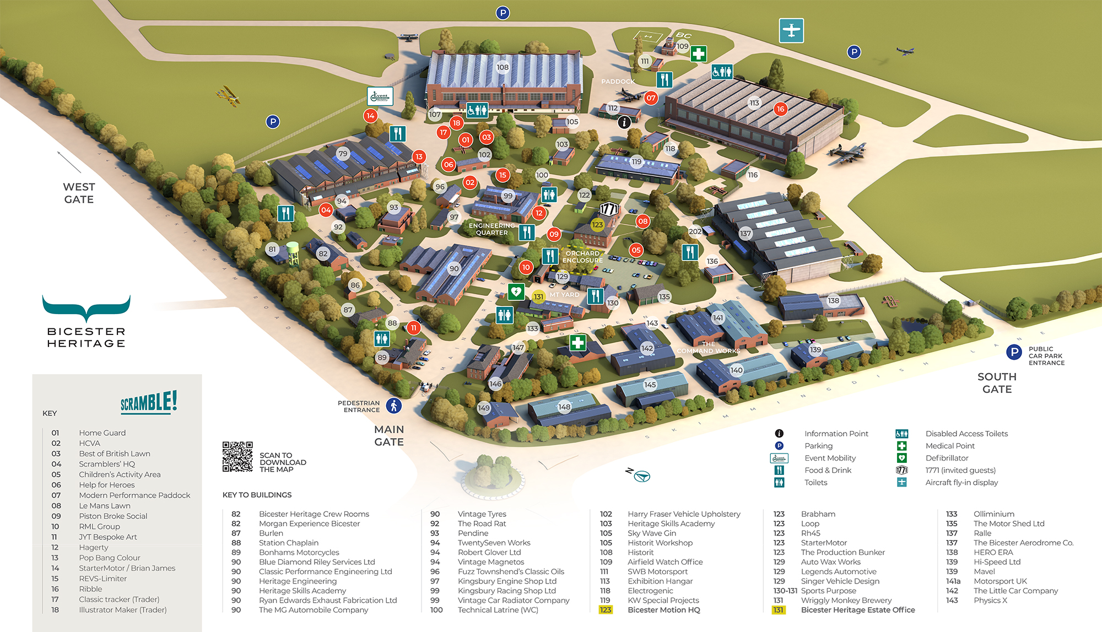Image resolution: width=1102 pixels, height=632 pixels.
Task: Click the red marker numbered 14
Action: pos(370,116)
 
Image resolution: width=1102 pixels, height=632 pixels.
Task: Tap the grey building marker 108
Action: pos(503,67)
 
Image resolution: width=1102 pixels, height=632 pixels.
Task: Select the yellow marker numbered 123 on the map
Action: pos(597,225)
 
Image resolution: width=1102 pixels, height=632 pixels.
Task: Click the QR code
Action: pos(237,456)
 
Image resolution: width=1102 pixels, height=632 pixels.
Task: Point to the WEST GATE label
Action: pos(79,193)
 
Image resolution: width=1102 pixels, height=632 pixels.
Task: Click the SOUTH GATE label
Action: pos(997,383)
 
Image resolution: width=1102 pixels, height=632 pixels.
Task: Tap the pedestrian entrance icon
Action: pos(393,406)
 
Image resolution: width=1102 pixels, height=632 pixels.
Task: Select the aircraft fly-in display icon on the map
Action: pos(791,30)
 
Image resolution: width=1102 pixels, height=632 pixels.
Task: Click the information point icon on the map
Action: pos(624,122)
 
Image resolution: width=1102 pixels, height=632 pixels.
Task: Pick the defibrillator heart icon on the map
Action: pos(516,291)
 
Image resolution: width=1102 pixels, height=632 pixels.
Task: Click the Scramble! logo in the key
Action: pos(149,402)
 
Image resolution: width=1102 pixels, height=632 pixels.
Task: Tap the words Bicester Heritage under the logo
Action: pos(87,337)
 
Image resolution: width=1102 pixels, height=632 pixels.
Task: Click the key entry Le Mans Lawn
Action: pos(105,506)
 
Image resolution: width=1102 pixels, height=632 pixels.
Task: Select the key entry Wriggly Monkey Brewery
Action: pos(846,600)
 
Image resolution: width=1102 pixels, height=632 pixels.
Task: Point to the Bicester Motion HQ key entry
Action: pos(663,610)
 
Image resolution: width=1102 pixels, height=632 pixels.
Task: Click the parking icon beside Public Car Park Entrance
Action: pos(1014,352)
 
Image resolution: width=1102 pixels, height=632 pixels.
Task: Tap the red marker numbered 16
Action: pos(780,109)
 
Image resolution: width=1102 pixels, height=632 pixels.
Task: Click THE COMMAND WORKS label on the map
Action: pos(708,347)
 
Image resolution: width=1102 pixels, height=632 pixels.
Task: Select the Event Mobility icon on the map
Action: pos(380,96)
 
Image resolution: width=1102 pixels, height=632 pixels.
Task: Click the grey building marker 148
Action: pos(564,407)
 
